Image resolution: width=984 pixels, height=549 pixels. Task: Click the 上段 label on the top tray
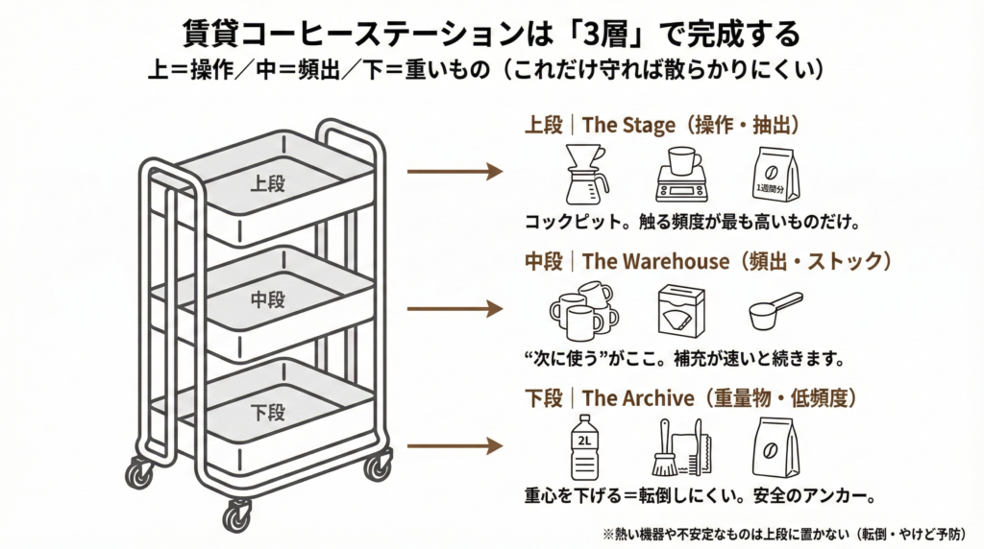pyautogui.click(x=267, y=183)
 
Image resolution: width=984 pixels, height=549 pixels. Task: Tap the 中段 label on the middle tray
pyautogui.click(x=268, y=300)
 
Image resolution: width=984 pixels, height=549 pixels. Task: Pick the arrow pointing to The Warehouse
pyautogui.click(x=455, y=309)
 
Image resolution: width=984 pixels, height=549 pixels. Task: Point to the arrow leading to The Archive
pyautogui.click(x=455, y=446)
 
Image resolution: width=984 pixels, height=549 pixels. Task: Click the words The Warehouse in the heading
pyautogui.click(x=655, y=261)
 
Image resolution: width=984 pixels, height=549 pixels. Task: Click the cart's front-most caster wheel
pyautogui.click(x=236, y=515)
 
